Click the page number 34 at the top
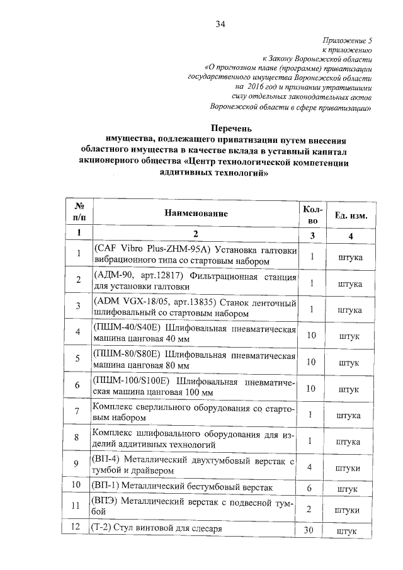point(220,25)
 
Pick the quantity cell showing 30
point(309,530)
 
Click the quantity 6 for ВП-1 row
point(309,487)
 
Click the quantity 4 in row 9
point(309,467)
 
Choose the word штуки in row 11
point(349,510)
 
